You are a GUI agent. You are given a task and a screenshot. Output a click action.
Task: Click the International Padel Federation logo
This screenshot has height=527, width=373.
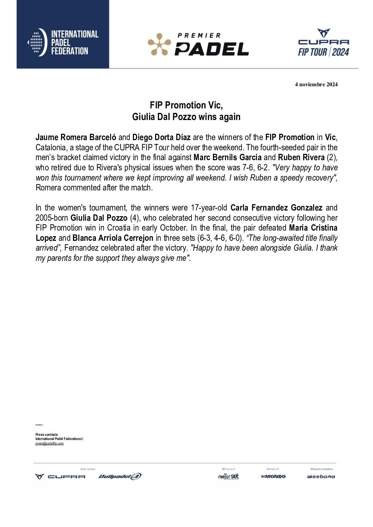[63, 42]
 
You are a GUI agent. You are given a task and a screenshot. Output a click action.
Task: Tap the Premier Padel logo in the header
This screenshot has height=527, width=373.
[198, 45]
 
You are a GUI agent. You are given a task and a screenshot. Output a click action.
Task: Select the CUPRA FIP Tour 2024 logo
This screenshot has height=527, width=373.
[323, 43]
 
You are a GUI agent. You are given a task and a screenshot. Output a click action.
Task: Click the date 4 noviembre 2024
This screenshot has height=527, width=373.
[316, 84]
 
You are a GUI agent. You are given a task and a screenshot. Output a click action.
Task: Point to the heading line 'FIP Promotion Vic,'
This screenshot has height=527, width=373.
[186, 105]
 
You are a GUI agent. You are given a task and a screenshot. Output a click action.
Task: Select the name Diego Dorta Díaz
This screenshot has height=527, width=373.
[161, 137]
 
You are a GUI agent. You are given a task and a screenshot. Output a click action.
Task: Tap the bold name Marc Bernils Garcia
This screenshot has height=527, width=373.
[227, 157]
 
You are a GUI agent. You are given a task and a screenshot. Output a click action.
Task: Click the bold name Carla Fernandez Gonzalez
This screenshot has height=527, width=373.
[276, 208]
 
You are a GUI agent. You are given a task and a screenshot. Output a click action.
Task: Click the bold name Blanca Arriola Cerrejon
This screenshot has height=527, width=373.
[113, 238]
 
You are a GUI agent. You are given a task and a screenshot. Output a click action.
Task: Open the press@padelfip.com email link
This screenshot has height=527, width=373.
[49, 444]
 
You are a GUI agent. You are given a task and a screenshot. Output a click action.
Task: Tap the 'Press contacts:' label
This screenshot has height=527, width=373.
[47, 435]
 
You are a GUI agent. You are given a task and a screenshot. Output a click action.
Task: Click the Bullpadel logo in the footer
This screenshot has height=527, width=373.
[120, 477]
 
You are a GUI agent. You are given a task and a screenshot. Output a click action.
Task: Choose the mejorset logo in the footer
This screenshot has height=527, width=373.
[228, 477]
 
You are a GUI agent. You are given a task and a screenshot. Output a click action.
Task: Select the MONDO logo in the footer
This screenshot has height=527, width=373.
[273, 477]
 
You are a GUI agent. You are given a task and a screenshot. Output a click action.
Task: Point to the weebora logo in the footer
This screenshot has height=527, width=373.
[321, 477]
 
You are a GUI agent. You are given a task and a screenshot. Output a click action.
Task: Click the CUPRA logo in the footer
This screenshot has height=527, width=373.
[60, 477]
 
